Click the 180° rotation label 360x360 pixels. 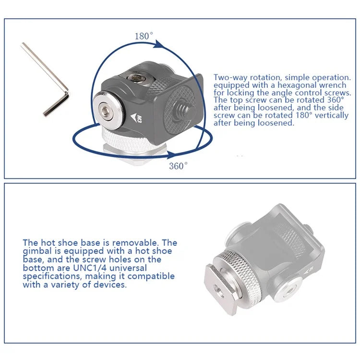[144, 36]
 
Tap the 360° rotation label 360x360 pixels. [178, 166]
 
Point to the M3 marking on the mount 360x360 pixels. [139, 119]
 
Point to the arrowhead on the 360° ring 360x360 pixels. [173, 155]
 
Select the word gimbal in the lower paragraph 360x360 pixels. [37, 251]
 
